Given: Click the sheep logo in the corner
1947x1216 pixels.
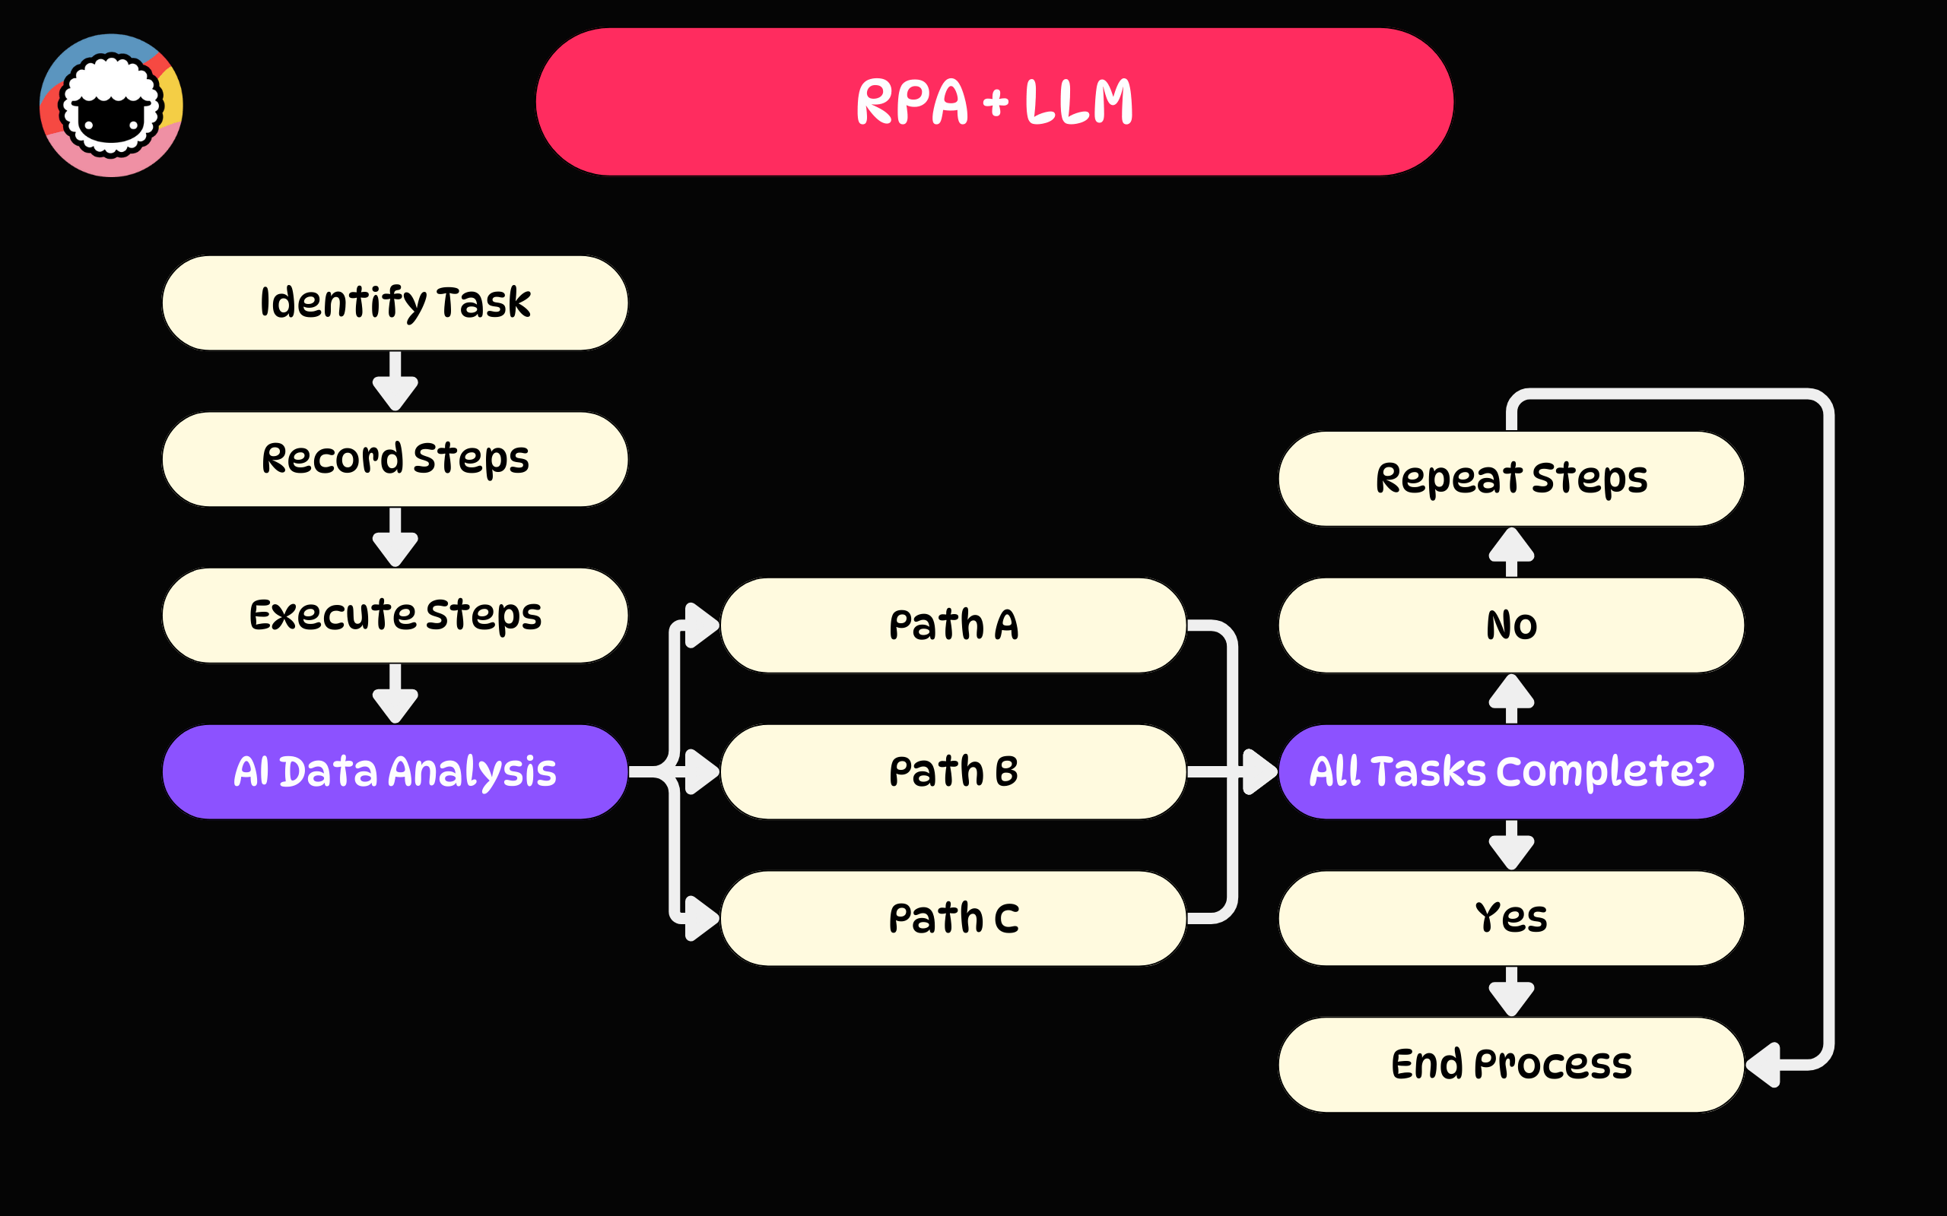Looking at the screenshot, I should coord(111,106).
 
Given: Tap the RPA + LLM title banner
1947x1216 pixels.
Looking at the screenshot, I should coord(995,102).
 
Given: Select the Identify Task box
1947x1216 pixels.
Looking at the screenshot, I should coord(395,303).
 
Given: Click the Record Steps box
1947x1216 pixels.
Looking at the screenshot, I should coord(395,459).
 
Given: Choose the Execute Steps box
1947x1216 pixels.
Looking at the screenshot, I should coord(395,616).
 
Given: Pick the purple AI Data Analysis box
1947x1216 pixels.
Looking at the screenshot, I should coord(395,772).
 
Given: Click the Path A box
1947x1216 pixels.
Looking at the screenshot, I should coord(954,625).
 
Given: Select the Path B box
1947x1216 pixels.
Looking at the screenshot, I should coord(954,772).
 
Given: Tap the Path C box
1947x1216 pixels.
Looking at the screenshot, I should coord(954,918).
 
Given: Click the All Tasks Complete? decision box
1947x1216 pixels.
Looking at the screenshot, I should coord(1511,772).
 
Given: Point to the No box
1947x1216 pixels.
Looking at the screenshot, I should coord(1511,625).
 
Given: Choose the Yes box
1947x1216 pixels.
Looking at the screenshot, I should coord(1511,918).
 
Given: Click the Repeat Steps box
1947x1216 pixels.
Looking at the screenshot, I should coord(1511,479).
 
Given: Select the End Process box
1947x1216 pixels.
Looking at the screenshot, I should coord(1511,1065).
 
